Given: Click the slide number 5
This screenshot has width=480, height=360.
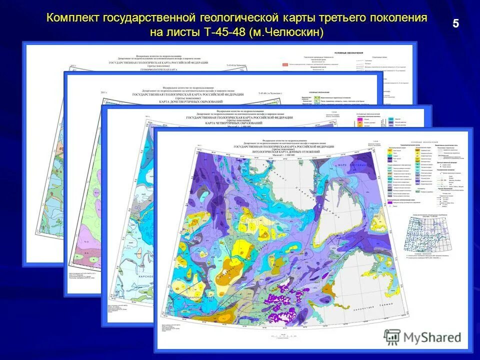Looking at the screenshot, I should (456, 23).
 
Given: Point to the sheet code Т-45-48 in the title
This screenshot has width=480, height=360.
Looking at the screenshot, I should (223, 32).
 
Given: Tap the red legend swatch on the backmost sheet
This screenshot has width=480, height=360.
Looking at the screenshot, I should (286, 64).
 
